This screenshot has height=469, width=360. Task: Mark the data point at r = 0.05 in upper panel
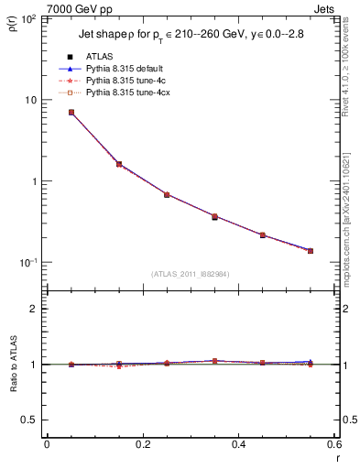(71, 113)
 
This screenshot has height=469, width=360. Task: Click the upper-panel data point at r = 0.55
(310, 251)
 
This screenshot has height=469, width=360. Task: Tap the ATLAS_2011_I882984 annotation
(189, 274)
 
